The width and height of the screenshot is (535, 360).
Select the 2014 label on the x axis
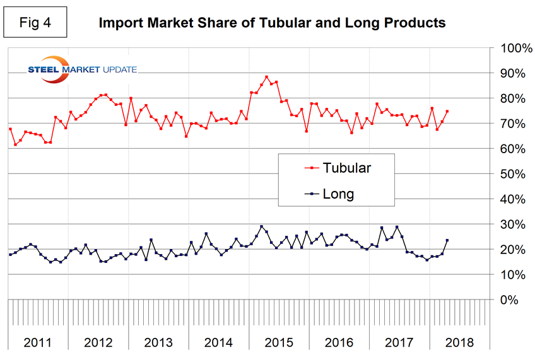219,343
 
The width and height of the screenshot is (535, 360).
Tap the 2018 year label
459,343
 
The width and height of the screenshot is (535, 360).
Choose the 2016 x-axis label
339,343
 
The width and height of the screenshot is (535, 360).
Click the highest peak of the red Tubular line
266,77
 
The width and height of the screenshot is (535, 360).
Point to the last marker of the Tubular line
447,112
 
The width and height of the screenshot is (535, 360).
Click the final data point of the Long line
447,240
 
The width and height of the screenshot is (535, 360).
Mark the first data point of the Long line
10,255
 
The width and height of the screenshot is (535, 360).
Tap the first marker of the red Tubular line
10,129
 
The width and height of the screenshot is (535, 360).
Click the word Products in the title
414,23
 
